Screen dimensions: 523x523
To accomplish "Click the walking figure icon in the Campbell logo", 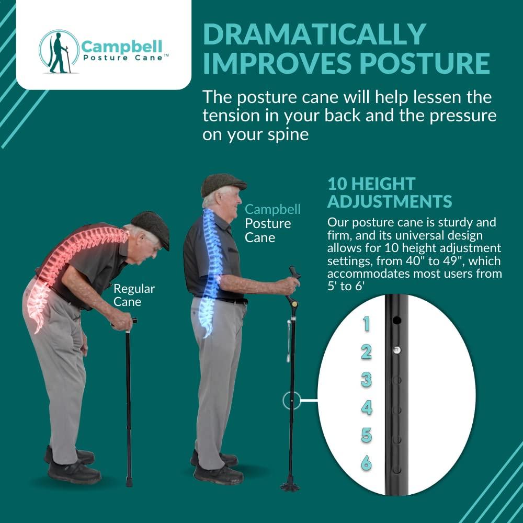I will [x=58, y=52].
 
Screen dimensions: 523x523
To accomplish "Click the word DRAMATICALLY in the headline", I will [x=314, y=35].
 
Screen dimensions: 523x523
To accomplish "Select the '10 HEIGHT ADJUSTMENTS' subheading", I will [x=390, y=192].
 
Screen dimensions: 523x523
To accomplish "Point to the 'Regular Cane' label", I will [x=134, y=295].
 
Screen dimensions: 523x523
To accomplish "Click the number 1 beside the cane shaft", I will [x=366, y=324].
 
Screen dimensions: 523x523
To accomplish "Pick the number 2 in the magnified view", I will [x=366, y=352].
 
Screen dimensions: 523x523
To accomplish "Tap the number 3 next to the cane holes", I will [x=366, y=380].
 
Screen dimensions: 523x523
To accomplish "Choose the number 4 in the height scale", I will [x=367, y=407].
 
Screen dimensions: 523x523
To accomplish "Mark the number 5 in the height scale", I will [x=367, y=435].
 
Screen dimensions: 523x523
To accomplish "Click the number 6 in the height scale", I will [x=367, y=463].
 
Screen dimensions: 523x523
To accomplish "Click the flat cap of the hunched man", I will [x=152, y=225].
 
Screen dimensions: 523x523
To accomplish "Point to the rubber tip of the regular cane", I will [x=129, y=480].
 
